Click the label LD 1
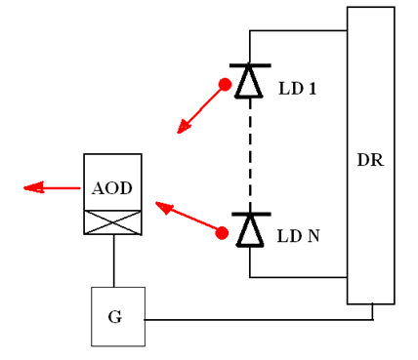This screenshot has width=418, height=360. click(x=297, y=89)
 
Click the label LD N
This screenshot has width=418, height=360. click(x=298, y=236)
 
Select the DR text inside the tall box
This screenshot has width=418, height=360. click(x=370, y=160)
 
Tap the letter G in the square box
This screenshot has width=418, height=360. click(x=115, y=318)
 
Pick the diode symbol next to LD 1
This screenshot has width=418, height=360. click(x=250, y=81)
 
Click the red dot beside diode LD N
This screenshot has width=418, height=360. click(x=223, y=233)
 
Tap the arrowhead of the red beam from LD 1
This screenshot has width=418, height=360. click(x=183, y=127)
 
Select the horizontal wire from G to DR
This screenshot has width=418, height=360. click(x=254, y=319)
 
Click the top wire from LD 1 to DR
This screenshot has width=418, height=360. click(x=298, y=31)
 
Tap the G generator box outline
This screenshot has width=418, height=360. click(x=92, y=317)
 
